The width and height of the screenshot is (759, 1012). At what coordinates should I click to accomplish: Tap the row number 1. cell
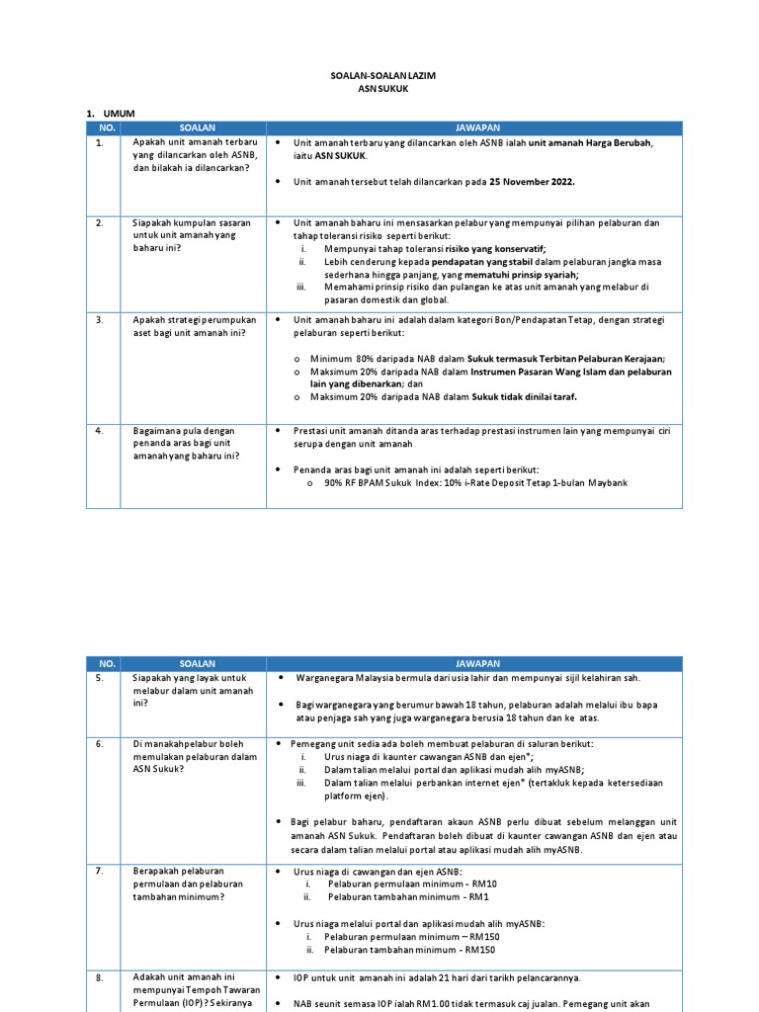click(x=100, y=143)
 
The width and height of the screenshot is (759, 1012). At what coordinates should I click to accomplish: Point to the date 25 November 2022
click(x=529, y=182)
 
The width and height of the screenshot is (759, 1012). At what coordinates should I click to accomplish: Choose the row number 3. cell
click(x=100, y=320)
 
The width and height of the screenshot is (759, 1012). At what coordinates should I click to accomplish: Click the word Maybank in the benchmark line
click(x=608, y=482)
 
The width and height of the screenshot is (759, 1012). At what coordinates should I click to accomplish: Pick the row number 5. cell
click(x=100, y=679)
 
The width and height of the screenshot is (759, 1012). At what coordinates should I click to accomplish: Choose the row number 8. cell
click(x=100, y=977)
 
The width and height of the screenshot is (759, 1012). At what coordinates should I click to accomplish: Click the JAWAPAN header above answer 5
click(x=477, y=663)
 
